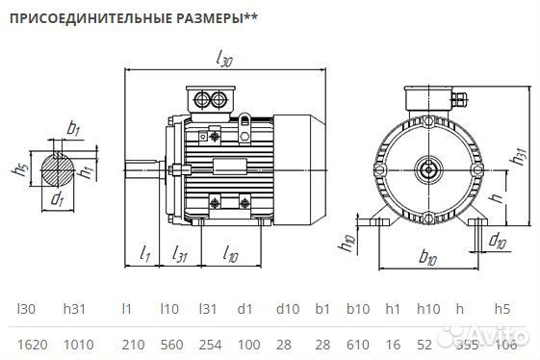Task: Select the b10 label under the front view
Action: [x=429, y=259]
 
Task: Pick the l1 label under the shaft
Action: [x=145, y=254]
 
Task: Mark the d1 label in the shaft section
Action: [x=58, y=200]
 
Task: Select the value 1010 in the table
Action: [x=77, y=344]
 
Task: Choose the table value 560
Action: [x=169, y=344]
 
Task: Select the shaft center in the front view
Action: [x=428, y=170]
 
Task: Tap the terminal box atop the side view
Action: [x=210, y=98]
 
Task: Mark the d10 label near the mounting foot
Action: [x=498, y=241]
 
